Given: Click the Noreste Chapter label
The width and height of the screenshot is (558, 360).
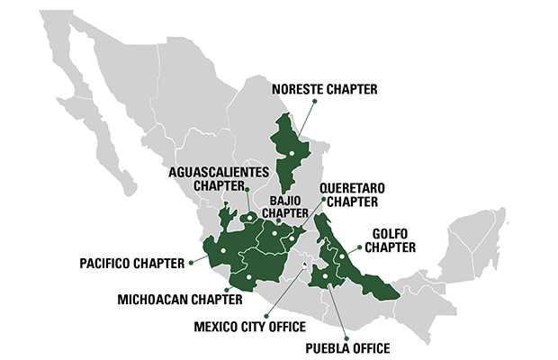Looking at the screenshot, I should click(324, 88).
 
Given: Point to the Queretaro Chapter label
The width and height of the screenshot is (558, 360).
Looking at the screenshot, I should click(353, 194).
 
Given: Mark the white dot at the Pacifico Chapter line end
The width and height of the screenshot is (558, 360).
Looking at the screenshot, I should click(221, 251).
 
